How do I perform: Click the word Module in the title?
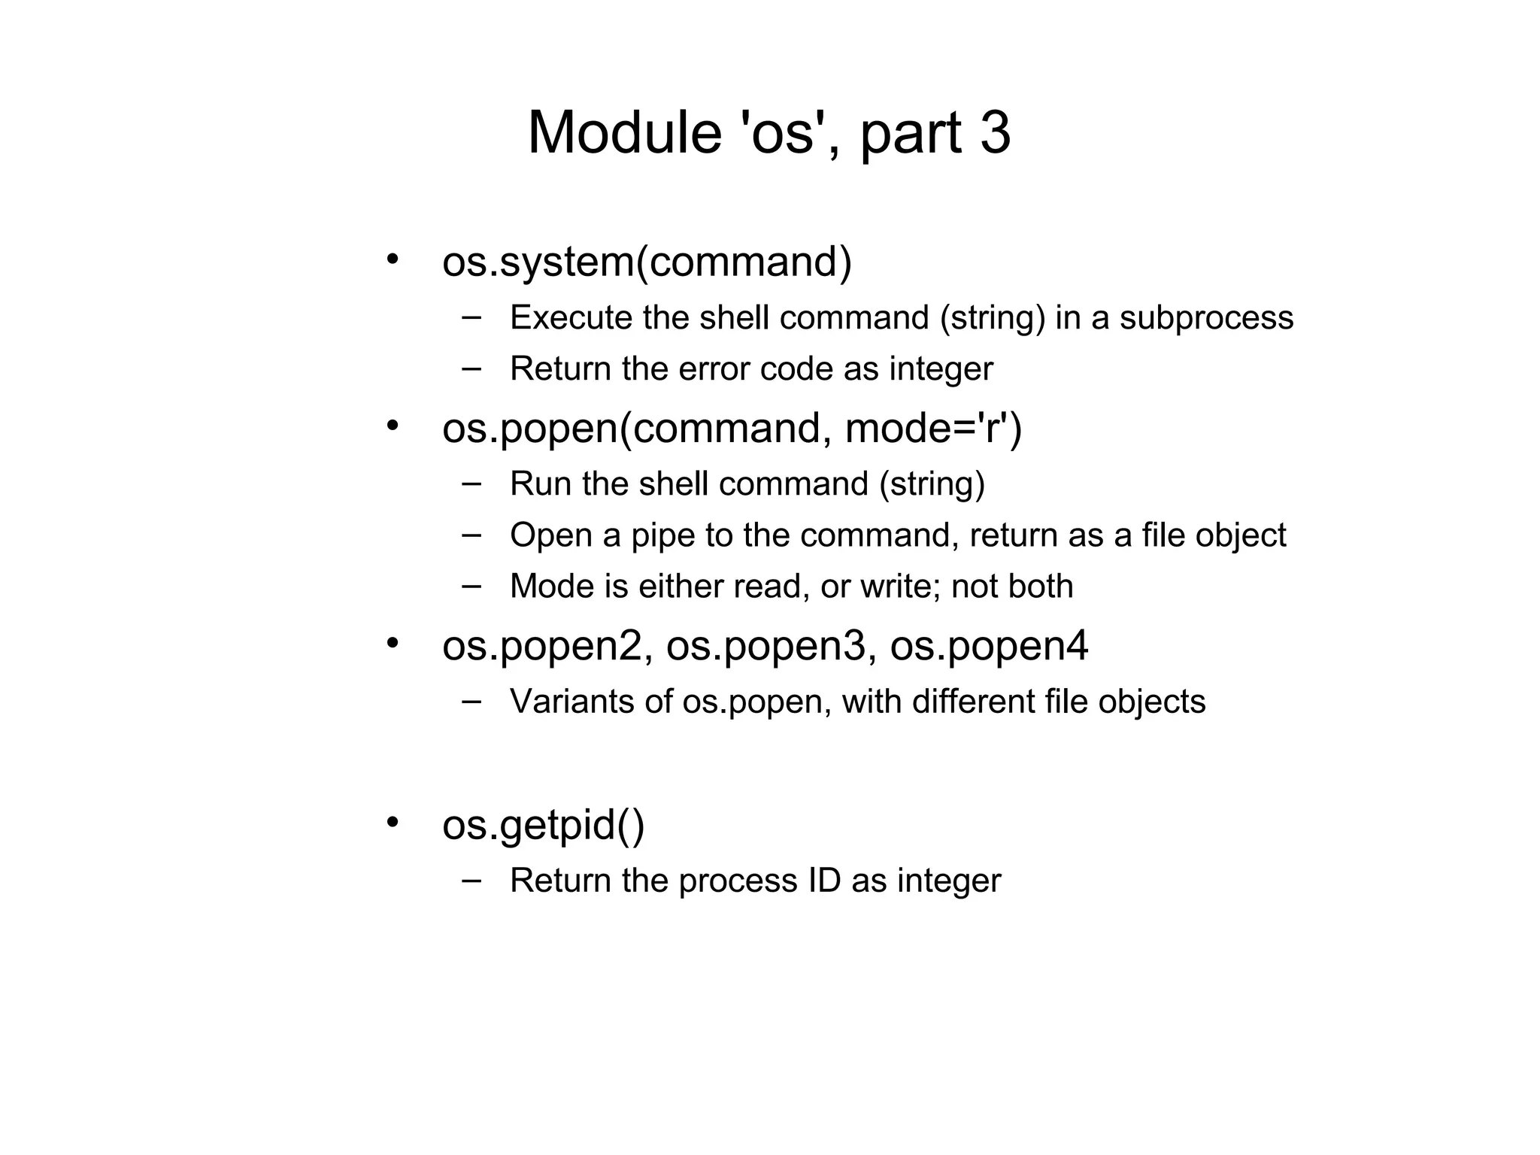click(625, 133)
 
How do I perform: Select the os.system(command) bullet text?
click(647, 262)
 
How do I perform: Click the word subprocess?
click(1206, 318)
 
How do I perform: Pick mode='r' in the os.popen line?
click(933, 429)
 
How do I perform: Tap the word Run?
click(541, 484)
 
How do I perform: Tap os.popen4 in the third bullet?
click(989, 647)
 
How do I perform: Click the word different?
click(973, 702)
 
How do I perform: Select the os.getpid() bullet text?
click(543, 826)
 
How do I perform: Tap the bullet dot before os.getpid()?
click(392, 821)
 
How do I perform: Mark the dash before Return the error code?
click(471, 368)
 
